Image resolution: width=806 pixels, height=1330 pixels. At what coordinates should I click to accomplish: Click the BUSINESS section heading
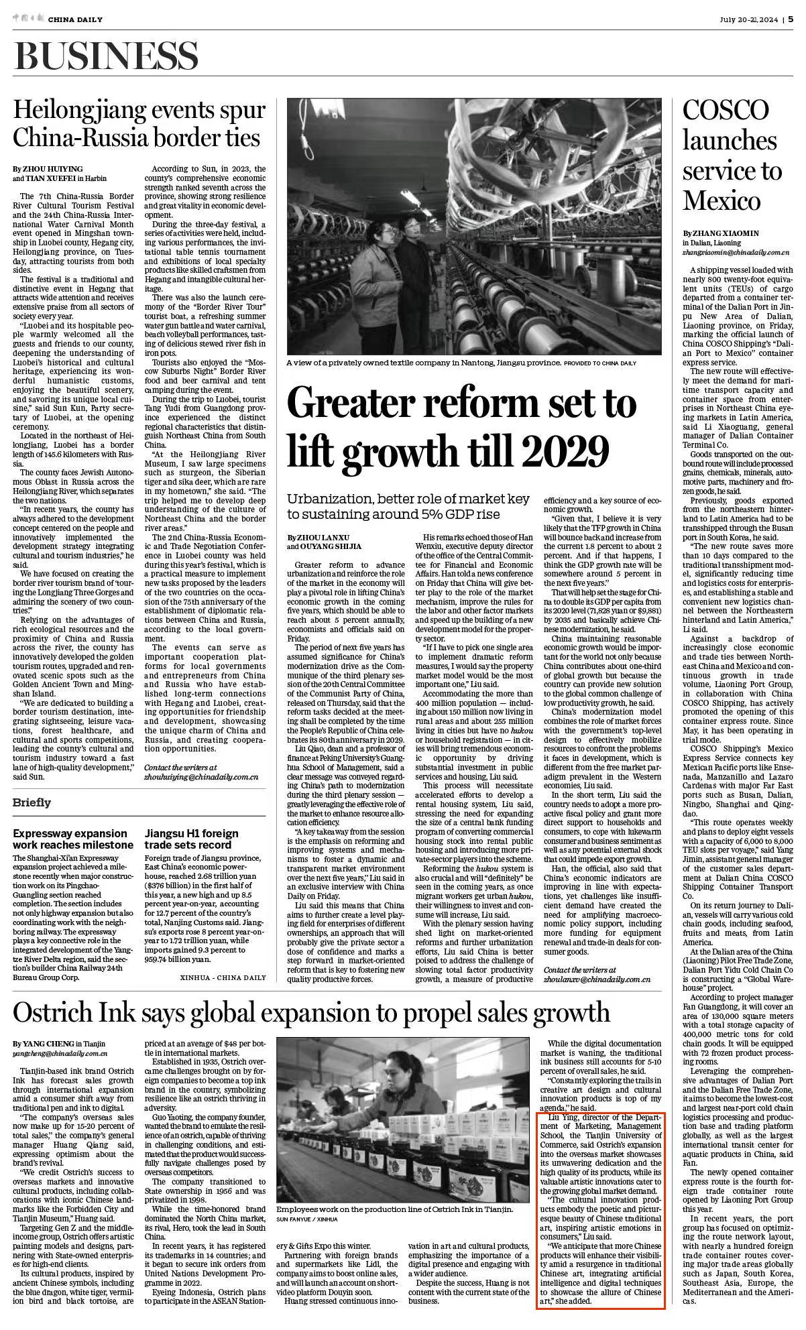tap(106, 55)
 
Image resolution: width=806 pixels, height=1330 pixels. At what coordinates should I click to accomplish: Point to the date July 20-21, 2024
tap(749, 19)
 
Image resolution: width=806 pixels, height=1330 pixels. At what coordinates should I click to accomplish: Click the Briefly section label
tap(32, 802)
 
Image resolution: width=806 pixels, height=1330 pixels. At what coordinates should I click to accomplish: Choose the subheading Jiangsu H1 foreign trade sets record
tap(191, 839)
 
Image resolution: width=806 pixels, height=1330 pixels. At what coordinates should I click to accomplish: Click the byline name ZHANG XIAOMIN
tap(726, 233)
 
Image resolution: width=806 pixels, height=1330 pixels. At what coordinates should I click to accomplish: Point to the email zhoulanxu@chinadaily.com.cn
tap(597, 979)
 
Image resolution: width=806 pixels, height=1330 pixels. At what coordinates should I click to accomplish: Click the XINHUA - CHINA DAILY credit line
tap(223, 977)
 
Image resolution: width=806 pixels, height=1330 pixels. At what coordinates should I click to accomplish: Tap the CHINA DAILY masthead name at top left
tap(75, 19)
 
